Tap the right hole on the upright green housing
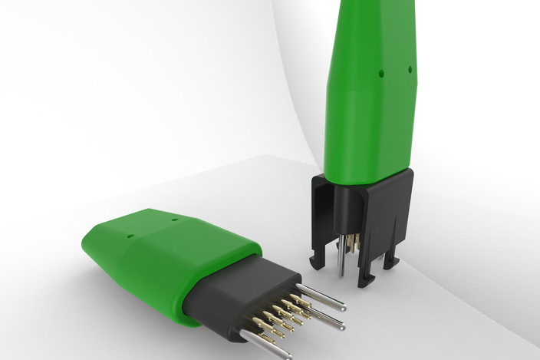coord(410,70)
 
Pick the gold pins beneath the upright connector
coord(350,244)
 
